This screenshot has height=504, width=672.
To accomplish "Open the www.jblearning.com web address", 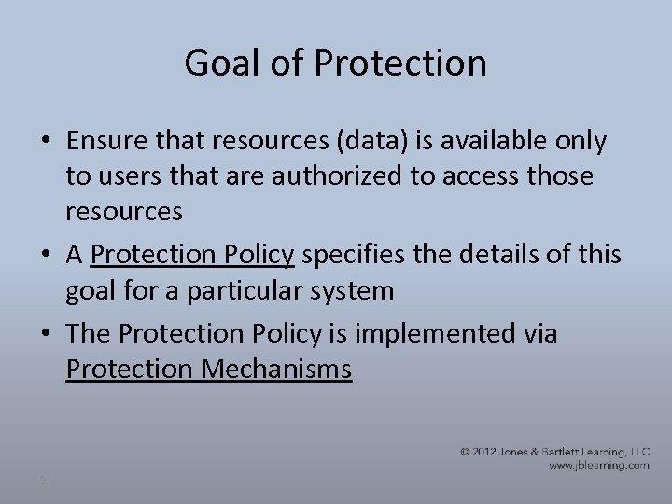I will [598, 464].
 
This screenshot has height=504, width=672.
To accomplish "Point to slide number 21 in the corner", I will [44, 481].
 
